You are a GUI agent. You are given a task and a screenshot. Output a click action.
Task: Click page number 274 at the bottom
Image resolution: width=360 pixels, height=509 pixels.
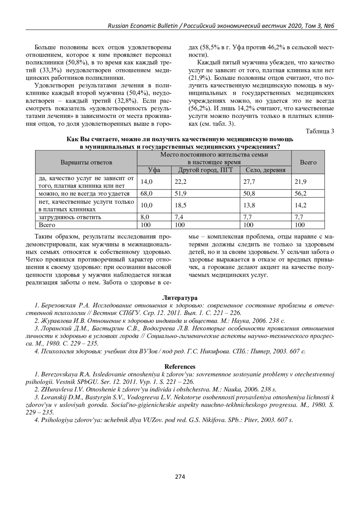click(x=180, y=477)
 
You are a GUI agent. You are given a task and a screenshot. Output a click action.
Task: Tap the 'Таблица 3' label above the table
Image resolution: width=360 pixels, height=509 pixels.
click(x=320, y=131)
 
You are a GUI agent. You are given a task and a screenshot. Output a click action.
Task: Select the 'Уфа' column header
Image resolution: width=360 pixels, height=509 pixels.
click(x=154, y=170)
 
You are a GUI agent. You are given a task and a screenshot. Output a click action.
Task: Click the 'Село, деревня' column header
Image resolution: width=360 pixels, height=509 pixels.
click(x=265, y=170)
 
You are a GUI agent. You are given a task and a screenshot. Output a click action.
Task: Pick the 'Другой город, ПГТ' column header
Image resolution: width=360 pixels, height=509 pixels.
click(x=205, y=170)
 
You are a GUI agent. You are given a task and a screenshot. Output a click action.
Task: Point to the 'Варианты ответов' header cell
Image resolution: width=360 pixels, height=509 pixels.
click(x=86, y=162)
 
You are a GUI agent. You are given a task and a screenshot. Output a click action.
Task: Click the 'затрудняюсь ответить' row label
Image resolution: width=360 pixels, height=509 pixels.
click(x=70, y=217)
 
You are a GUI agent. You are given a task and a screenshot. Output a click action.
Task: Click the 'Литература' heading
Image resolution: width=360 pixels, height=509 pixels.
click(x=180, y=298)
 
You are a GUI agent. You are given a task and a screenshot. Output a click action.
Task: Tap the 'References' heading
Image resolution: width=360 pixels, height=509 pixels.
click(x=180, y=367)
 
